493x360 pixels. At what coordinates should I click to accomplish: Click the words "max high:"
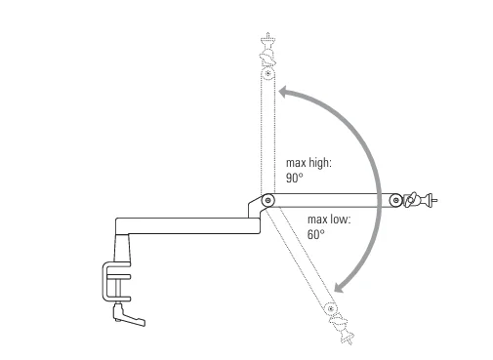(x=308, y=163)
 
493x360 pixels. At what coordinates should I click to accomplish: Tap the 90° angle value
(x=295, y=179)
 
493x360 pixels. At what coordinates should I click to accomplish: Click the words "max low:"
(x=329, y=220)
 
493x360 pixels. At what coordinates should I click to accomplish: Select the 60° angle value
(x=315, y=235)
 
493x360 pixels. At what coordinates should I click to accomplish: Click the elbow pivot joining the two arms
(x=267, y=200)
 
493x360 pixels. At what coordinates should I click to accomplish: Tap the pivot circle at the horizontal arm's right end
(x=395, y=201)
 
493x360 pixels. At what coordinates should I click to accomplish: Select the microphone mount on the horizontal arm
(x=419, y=200)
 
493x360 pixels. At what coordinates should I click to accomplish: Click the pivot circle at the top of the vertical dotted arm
(x=267, y=74)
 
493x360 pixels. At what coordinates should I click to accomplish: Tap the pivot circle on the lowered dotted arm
(x=330, y=309)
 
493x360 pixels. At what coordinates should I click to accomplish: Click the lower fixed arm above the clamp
(x=185, y=225)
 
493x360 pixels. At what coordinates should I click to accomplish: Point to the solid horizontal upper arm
(x=332, y=201)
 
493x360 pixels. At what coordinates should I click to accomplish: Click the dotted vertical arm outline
(x=267, y=137)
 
